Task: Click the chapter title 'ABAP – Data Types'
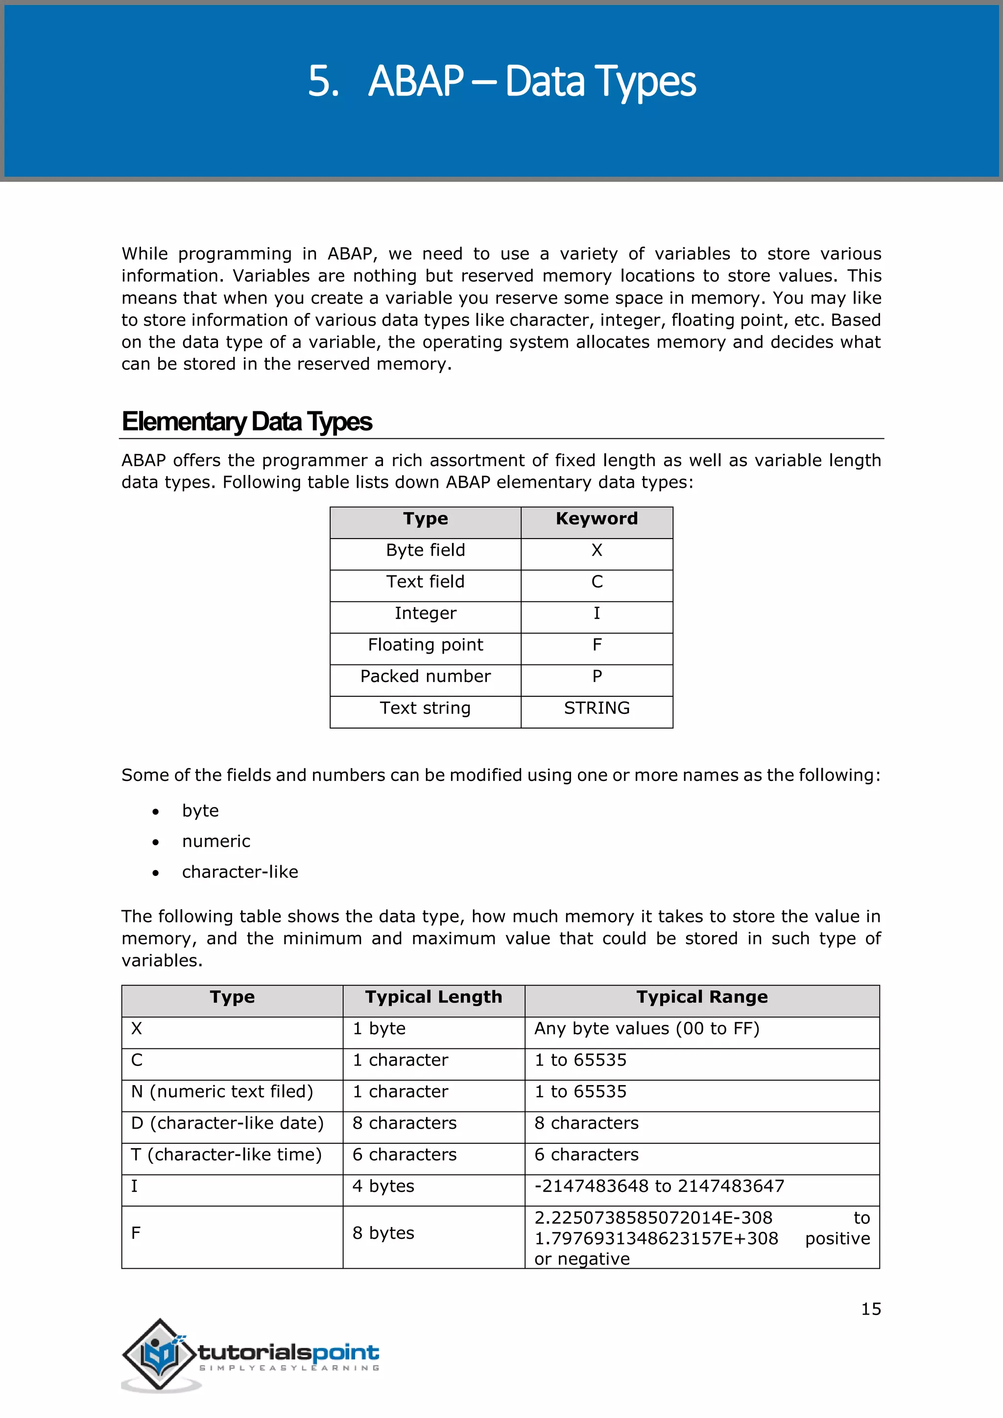(532, 81)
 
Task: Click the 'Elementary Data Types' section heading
(246, 422)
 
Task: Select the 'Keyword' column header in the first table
(596, 519)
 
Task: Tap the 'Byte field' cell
(425, 550)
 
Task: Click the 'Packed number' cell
(425, 676)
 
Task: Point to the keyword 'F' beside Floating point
(596, 645)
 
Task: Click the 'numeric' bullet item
(215, 841)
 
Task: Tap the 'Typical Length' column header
(433, 997)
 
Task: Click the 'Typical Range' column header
(702, 997)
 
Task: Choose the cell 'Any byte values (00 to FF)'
(646, 1028)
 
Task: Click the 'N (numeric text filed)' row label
(222, 1091)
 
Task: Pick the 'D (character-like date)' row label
(227, 1123)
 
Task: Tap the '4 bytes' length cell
(383, 1186)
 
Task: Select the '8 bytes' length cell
(383, 1233)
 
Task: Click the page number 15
(870, 1309)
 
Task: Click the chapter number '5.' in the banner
(324, 81)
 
